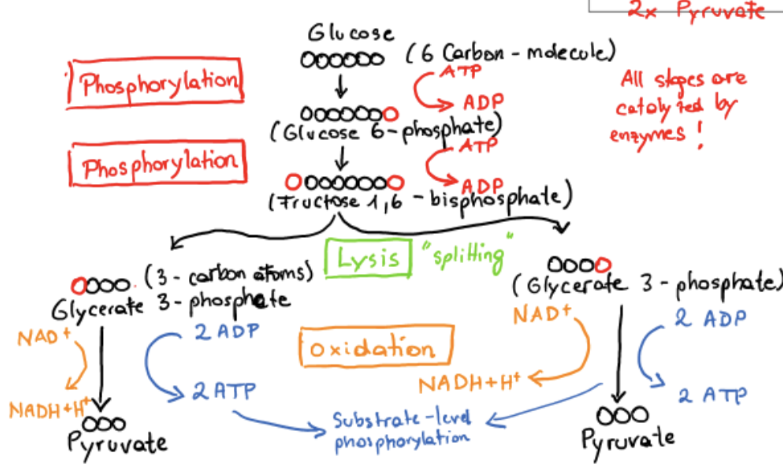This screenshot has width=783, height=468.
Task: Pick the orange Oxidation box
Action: click(x=371, y=349)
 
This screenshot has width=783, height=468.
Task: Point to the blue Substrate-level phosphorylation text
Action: click(x=402, y=429)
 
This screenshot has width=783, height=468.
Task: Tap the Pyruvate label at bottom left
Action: click(x=117, y=443)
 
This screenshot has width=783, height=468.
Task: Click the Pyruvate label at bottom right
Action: click(x=628, y=438)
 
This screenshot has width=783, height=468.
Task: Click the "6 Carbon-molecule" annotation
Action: click(x=510, y=54)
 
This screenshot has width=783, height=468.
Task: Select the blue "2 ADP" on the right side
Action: click(x=710, y=318)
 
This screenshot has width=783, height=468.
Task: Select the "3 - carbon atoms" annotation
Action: click(x=228, y=276)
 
